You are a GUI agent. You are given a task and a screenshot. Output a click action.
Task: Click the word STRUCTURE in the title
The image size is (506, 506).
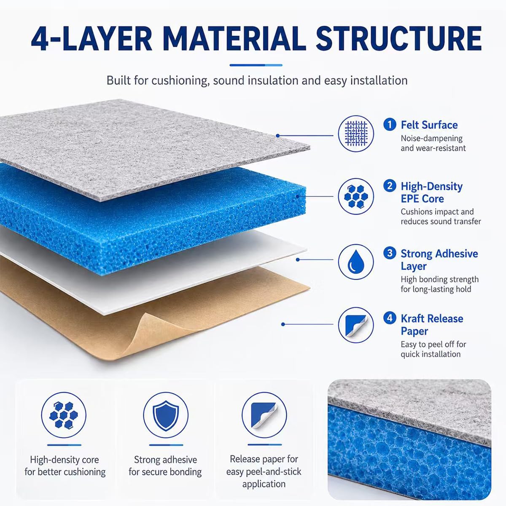(x=398, y=38)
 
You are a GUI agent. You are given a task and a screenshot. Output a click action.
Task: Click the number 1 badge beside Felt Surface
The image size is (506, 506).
(x=390, y=124)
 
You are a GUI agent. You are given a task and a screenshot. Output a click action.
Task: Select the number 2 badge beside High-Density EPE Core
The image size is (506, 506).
(x=390, y=186)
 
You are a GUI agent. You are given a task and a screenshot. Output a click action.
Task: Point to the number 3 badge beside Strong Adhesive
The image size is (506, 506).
(x=390, y=253)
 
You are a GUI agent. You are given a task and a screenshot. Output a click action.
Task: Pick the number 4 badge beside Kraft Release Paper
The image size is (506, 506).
(x=390, y=318)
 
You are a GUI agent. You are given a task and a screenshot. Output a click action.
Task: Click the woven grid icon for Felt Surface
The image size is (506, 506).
(x=355, y=133)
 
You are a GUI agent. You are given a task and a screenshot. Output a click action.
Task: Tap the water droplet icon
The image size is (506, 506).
(x=355, y=261)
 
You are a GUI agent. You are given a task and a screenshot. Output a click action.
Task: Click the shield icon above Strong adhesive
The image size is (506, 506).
(x=166, y=415)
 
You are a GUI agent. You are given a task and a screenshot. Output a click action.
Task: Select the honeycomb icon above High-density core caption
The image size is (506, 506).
(x=64, y=415)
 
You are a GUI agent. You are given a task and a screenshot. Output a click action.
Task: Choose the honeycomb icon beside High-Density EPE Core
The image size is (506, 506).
(x=355, y=196)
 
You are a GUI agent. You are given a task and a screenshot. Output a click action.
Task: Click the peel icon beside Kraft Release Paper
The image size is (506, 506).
(x=355, y=325)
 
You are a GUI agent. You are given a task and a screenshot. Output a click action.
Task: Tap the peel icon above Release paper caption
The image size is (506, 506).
(x=264, y=415)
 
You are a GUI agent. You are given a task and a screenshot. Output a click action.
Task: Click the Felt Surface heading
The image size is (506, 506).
(x=429, y=125)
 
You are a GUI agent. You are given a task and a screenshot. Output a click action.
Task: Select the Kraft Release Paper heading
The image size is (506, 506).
(x=432, y=325)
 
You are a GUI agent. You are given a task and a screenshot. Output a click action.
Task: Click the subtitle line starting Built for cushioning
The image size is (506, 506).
(x=257, y=81)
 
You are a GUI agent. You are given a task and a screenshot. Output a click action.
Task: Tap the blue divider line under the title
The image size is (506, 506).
(x=256, y=65)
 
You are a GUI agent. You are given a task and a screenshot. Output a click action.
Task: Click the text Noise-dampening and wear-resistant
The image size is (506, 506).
(x=433, y=143)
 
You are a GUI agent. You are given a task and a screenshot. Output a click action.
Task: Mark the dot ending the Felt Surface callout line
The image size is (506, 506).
(x=277, y=136)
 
